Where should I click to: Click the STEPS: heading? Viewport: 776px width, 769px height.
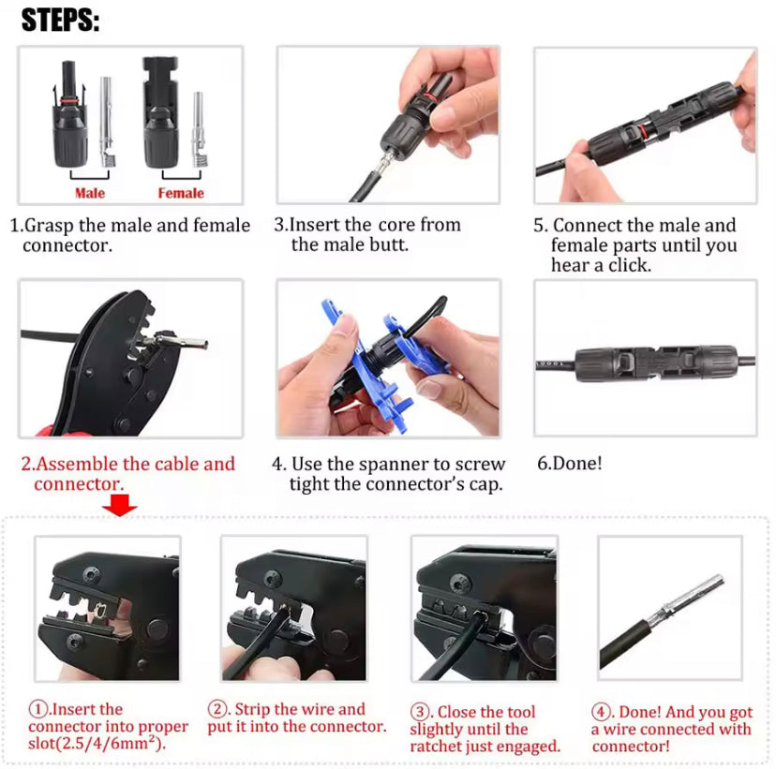pos(60,21)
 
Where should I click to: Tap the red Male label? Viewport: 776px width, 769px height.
pos(90,193)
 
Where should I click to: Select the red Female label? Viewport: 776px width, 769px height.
pos(181,193)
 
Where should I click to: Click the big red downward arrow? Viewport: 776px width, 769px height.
pos(119,505)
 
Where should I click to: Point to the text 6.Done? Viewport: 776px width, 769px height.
pos(570,463)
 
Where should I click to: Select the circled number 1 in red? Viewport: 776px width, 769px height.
pos(37,709)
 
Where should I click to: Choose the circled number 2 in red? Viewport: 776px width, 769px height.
pos(216,709)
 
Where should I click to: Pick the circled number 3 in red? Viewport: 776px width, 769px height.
pos(419,712)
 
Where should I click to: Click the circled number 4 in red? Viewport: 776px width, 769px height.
pos(601,712)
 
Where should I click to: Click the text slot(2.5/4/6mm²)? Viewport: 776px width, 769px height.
pos(96,744)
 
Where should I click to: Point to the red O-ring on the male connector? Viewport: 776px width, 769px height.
pos(71,101)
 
